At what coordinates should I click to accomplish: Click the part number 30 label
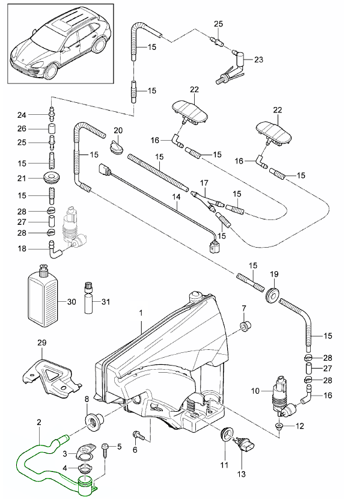pyautogui.click(x=72, y=301)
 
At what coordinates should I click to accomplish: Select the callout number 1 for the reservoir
pyautogui.click(x=141, y=313)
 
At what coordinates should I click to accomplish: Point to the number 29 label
pyautogui.click(x=42, y=343)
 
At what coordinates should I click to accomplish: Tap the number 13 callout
pyautogui.click(x=242, y=474)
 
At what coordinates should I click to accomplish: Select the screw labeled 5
pyautogui.click(x=106, y=450)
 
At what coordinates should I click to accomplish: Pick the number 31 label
pyautogui.click(x=105, y=301)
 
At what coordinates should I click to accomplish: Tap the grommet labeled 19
pyautogui.click(x=272, y=295)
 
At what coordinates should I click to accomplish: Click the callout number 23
pyautogui.click(x=259, y=60)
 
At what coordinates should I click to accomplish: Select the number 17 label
pyautogui.click(x=204, y=183)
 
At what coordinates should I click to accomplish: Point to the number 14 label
pyautogui.click(x=177, y=197)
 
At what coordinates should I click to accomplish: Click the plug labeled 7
pyautogui.click(x=245, y=326)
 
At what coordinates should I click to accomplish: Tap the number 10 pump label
pyautogui.click(x=255, y=390)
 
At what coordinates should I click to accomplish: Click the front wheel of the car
pyautogui.click(x=50, y=72)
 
